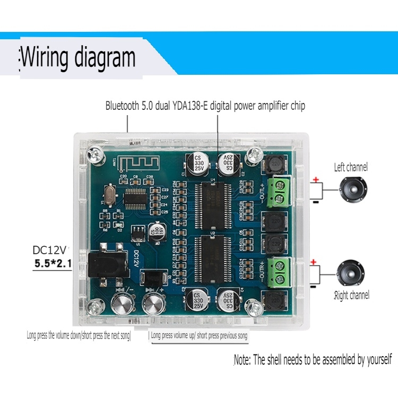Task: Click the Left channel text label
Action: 350,168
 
